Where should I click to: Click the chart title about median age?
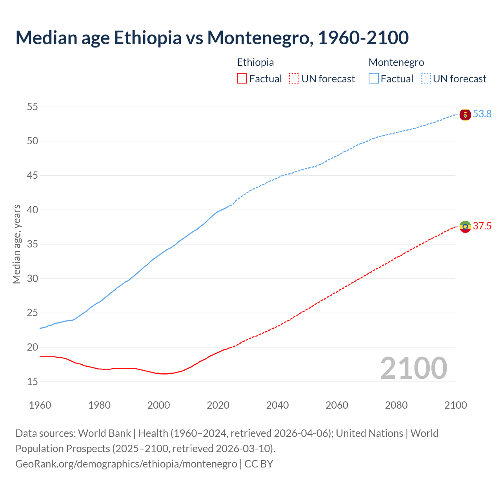(212, 38)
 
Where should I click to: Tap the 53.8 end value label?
(482, 114)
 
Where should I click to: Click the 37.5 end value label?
(482, 226)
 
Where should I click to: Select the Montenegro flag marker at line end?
(465, 115)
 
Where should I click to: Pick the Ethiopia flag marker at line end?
(465, 227)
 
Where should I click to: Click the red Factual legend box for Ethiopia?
(242, 79)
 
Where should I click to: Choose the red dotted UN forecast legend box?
(294, 79)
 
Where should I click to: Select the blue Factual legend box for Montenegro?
(374, 79)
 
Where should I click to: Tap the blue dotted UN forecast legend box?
(426, 79)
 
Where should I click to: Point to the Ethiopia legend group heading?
(255, 62)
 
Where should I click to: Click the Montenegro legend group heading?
(396, 62)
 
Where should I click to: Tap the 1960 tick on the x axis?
(40, 405)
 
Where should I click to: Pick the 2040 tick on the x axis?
(277, 405)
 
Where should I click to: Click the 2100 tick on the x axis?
(456, 405)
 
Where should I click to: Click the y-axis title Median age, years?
(16, 244)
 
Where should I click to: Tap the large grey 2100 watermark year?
(413, 368)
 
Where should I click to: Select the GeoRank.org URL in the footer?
(126, 464)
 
